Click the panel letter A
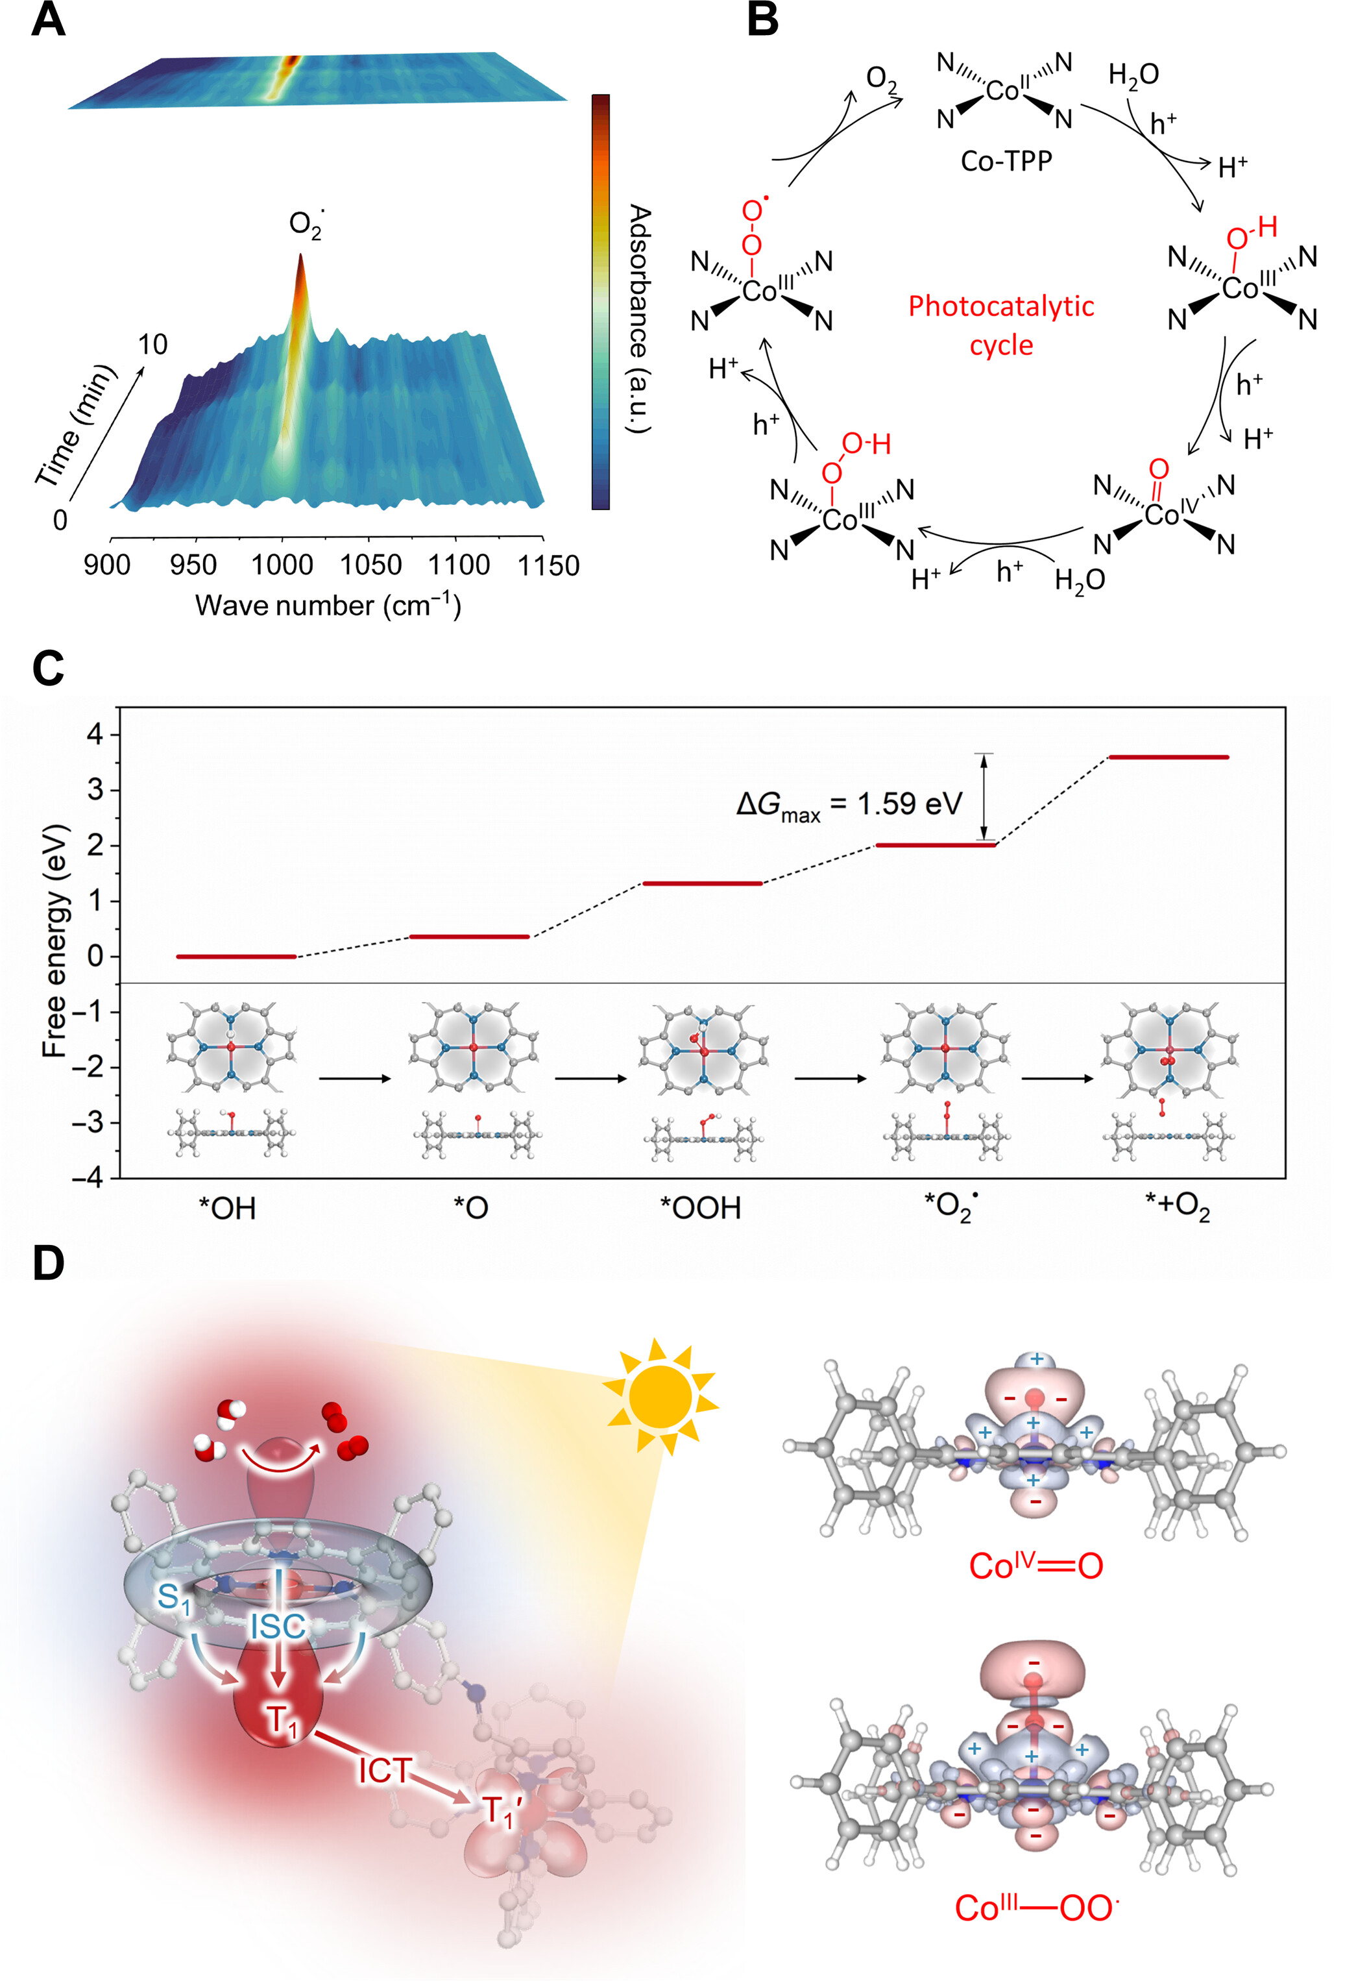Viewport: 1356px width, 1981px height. click(48, 19)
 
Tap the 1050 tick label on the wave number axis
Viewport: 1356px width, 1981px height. click(370, 565)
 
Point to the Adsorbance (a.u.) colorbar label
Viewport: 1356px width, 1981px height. click(639, 319)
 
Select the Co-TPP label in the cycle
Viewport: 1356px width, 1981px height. click(1006, 161)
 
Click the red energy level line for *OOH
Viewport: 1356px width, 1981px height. click(701, 883)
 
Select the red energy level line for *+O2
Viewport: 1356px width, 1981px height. click(1168, 757)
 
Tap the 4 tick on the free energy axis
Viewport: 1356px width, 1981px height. click(94, 734)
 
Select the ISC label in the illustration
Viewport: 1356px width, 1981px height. click(277, 1627)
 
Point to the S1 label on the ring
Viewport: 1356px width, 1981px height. click(175, 1598)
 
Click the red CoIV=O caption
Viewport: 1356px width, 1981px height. click(1035, 1565)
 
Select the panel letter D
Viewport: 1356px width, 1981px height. click(48, 1263)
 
